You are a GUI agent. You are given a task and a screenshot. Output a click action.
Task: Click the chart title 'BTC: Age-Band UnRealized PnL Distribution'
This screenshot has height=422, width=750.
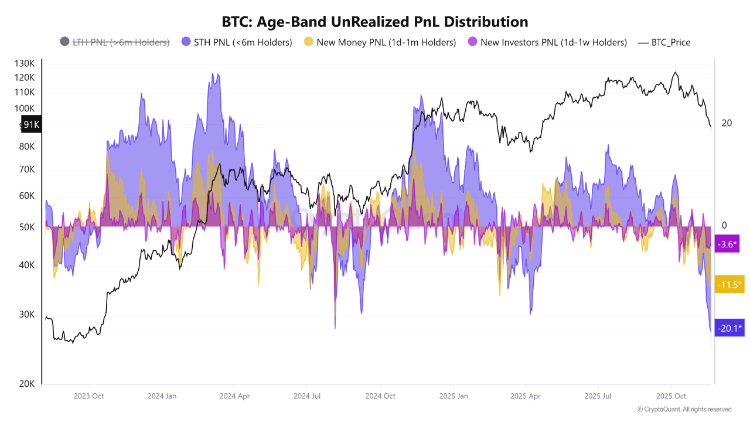coord(375,22)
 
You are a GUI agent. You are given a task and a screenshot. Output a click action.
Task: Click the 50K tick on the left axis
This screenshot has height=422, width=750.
coord(26,227)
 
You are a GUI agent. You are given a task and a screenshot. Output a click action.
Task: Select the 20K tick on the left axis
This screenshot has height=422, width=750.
coord(26,384)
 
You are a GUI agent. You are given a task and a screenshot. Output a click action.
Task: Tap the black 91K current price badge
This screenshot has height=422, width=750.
coord(31,124)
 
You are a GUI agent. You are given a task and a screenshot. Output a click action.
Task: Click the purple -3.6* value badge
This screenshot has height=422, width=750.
coord(727,244)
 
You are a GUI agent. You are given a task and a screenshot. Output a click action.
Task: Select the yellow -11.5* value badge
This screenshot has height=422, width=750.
coord(729,285)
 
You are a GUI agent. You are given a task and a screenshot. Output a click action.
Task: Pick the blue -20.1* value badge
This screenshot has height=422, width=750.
coord(729,328)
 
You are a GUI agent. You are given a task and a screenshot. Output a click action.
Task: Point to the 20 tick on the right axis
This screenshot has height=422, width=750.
coord(727,123)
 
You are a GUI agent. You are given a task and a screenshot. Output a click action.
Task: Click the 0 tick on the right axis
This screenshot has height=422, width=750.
coord(724,226)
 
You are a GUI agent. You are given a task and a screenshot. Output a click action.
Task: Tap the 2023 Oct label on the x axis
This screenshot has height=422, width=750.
coord(88,396)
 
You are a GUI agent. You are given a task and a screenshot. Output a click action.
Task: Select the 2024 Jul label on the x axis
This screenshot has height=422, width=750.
coord(307,396)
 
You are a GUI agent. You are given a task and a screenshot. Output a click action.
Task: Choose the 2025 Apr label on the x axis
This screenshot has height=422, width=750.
coord(526,396)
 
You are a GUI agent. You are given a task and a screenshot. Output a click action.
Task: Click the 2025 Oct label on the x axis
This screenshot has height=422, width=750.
coord(671,396)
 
